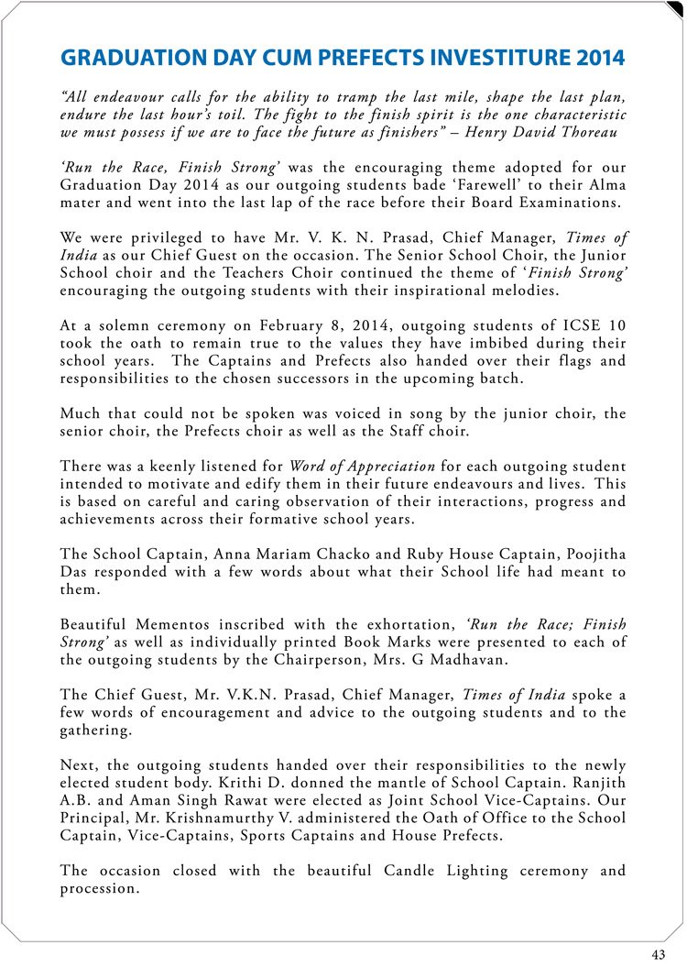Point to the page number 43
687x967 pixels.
659,954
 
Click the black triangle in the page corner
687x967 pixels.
676,8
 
